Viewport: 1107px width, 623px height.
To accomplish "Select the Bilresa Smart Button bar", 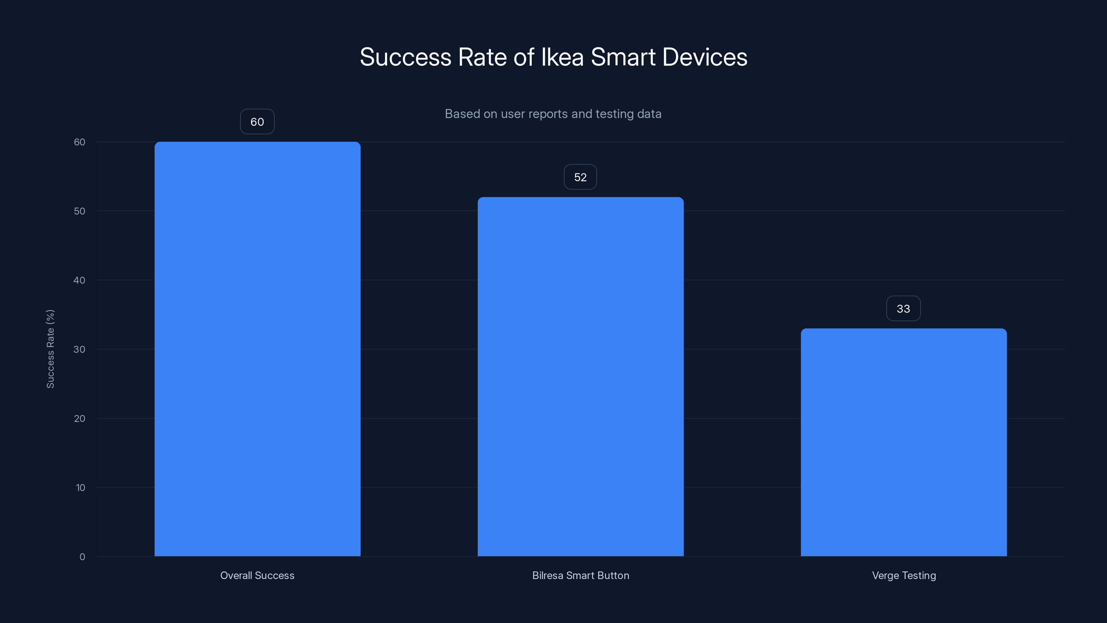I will (580, 376).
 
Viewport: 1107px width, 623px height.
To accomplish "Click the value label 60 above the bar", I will (257, 122).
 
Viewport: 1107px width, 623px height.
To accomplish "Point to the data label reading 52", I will (580, 177).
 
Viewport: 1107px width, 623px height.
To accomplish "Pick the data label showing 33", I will (903, 309).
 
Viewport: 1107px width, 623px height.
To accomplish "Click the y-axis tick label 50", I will (80, 211).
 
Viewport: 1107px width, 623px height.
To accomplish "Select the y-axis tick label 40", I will (80, 280).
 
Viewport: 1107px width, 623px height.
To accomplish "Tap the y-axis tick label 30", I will (80, 350).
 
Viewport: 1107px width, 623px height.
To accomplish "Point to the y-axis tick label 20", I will (80, 419).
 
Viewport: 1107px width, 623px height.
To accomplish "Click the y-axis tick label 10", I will (80, 488).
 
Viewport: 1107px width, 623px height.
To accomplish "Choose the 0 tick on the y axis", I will (82, 557).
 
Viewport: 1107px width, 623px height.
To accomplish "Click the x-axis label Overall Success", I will (257, 575).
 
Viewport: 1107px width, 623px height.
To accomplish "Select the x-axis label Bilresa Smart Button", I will (580, 575).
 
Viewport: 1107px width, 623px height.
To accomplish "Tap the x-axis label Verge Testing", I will (904, 575).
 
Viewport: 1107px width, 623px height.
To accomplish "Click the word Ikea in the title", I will (562, 57).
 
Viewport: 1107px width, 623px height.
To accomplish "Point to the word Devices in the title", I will (705, 57).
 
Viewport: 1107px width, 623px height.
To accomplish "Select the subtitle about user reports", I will (553, 114).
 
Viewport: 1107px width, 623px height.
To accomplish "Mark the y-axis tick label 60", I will (80, 142).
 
